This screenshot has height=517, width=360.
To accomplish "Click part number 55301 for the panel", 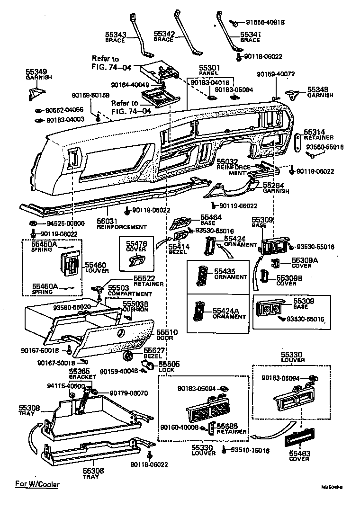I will [208, 68].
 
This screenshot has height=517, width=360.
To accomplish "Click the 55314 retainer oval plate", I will [297, 142].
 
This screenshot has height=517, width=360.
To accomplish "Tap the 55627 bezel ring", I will [127, 356].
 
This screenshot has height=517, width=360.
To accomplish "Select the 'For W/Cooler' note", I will [37, 484].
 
